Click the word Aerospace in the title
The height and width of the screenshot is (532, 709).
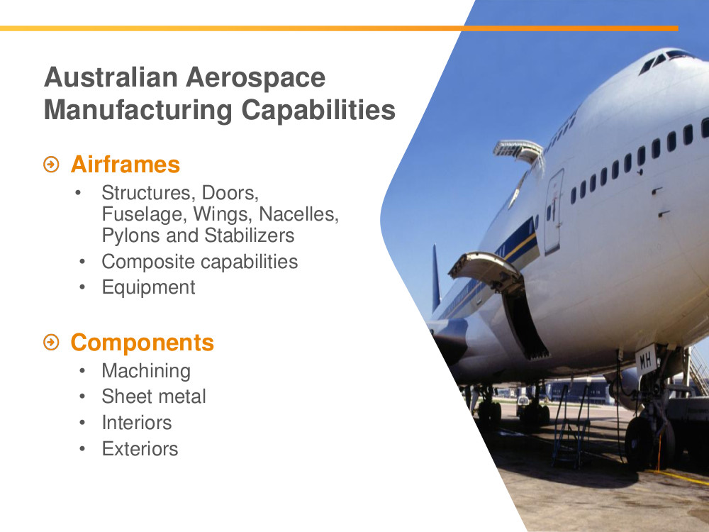[x=255, y=77]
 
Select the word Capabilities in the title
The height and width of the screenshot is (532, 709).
[x=318, y=110]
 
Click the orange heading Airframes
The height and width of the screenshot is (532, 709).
[x=125, y=165]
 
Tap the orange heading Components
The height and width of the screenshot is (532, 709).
[x=142, y=343]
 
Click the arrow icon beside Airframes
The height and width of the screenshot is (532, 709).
[x=52, y=165]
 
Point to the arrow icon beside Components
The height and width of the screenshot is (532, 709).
[x=52, y=343]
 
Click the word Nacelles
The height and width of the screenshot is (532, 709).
[x=299, y=214]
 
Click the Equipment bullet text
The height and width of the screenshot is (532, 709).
[x=148, y=288]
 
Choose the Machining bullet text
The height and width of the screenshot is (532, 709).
[x=146, y=371]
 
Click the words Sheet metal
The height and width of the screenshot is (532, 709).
[x=154, y=397]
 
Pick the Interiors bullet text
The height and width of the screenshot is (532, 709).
[x=137, y=423]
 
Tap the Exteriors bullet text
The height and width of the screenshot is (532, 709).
[x=140, y=449]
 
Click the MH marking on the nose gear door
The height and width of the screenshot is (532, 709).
[x=646, y=360]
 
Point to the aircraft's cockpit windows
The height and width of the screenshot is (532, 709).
[x=666, y=60]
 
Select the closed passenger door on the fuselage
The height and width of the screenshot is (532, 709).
[x=554, y=211]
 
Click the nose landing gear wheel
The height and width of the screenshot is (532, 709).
[x=640, y=443]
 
